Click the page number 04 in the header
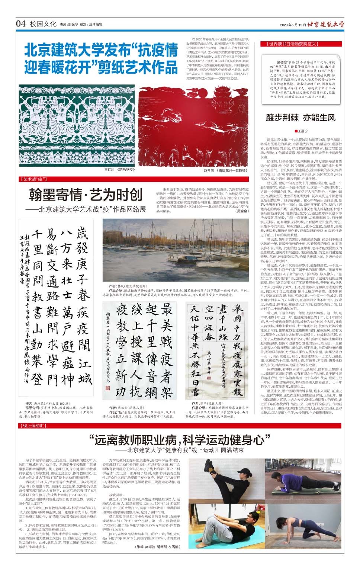coord(21,24)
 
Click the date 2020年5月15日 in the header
coord(293,25)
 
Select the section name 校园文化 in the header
coord(43,24)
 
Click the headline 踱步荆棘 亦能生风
coord(300,118)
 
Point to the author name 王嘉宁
coord(303,131)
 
